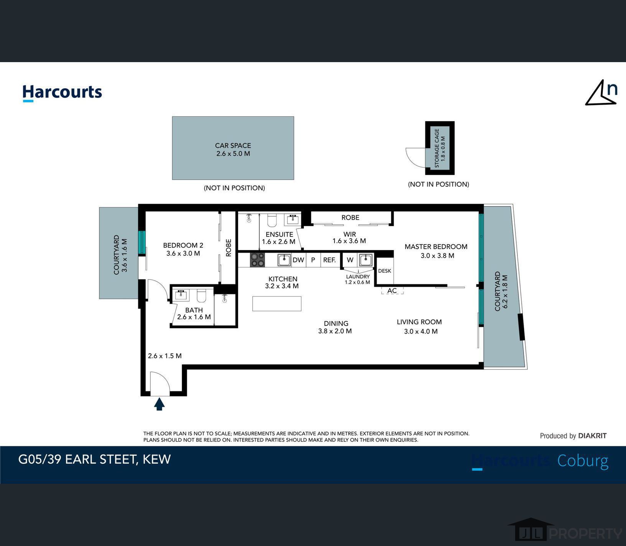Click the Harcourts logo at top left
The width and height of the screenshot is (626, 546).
(62, 93)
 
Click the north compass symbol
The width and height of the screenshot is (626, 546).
(601, 92)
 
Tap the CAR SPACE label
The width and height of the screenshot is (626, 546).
(233, 145)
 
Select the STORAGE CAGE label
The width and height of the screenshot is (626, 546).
(437, 148)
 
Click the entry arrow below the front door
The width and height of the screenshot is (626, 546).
(159, 404)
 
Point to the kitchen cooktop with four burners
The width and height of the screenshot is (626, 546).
(257, 260)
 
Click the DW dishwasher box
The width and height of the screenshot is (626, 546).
(298, 260)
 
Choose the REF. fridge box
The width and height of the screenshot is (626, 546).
(329, 260)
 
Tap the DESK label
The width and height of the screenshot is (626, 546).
(385, 271)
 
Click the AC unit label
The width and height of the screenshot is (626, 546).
(392, 291)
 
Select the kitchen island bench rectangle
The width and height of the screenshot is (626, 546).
(277, 304)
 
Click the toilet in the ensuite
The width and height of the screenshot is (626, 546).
(272, 220)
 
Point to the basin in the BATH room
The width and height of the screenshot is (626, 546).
(181, 295)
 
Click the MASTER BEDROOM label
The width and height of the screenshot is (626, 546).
(436, 247)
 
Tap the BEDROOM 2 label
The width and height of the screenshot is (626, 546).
(183, 245)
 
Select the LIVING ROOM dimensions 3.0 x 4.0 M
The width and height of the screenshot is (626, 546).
(421, 331)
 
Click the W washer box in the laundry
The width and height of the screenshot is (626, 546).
(350, 260)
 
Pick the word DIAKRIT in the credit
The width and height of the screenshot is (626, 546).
(592, 436)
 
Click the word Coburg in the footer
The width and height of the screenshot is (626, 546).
(583, 461)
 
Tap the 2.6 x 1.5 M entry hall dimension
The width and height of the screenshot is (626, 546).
(165, 356)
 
